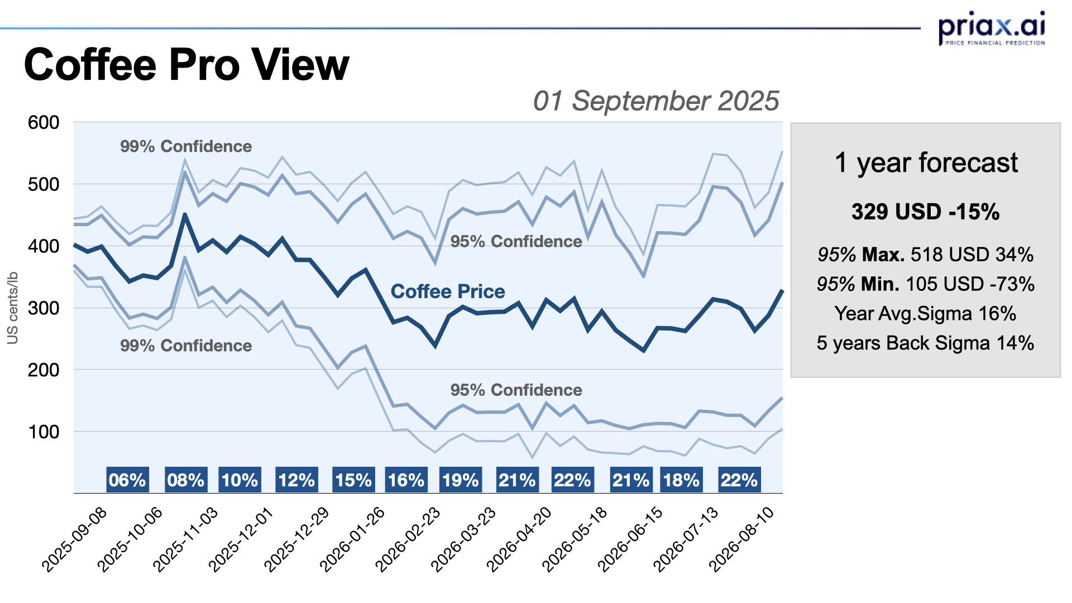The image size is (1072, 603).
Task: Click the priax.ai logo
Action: pos(991,28)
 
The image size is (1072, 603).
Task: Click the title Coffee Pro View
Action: pos(186,65)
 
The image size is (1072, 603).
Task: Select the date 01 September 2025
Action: pos(655,101)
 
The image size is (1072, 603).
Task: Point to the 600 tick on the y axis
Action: pos(44,122)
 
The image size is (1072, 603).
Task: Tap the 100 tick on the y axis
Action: pos(44,432)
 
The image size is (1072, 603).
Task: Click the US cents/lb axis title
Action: pos(12,308)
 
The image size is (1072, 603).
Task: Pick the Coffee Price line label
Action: pos(447,291)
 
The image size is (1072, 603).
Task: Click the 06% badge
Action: pos(127,480)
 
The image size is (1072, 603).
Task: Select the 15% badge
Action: pos(353,480)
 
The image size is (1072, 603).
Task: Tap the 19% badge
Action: pos(461,480)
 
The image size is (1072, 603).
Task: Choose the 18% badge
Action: pos(681,480)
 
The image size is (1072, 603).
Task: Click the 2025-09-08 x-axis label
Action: pos(75,539)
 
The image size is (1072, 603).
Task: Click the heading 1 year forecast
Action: pos(926,163)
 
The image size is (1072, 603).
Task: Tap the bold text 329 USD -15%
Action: pos(925,212)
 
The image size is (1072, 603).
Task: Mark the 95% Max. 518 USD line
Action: pos(925,255)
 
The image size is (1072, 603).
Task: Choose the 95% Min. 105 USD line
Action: pos(925,284)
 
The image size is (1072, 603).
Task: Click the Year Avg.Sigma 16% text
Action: pos(925,314)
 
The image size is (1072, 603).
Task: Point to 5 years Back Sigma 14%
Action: pos(925,343)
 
